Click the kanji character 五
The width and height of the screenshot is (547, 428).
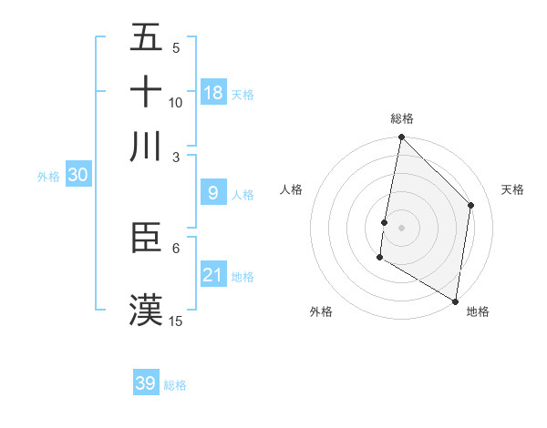[146, 38]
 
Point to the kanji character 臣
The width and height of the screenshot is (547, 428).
[146, 239]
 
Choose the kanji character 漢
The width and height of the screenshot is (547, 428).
[146, 309]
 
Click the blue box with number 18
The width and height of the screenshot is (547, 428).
[213, 92]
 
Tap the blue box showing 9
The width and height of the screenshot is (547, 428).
[213, 192]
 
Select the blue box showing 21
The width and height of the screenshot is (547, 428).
[213, 274]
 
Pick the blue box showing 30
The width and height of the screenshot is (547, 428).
[77, 176]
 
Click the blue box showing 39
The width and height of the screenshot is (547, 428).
[146, 383]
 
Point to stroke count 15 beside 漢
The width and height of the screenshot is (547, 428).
[176, 321]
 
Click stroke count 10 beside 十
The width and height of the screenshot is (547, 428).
[176, 102]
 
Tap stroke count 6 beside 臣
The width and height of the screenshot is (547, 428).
[176, 248]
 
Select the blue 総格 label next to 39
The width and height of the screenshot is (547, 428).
[176, 385]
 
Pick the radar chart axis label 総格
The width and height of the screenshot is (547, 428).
[401, 118]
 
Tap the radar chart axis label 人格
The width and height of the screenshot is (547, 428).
[292, 189]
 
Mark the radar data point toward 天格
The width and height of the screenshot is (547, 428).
[471, 205]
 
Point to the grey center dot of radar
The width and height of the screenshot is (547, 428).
[401, 226]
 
